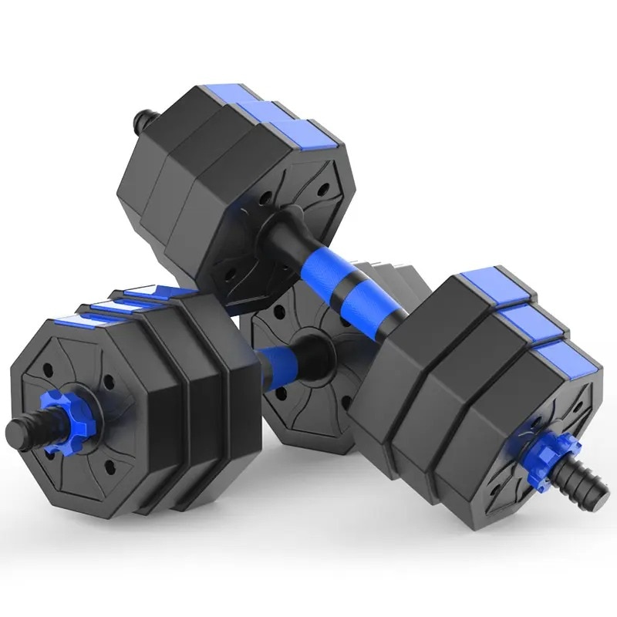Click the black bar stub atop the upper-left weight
point(140,120)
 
